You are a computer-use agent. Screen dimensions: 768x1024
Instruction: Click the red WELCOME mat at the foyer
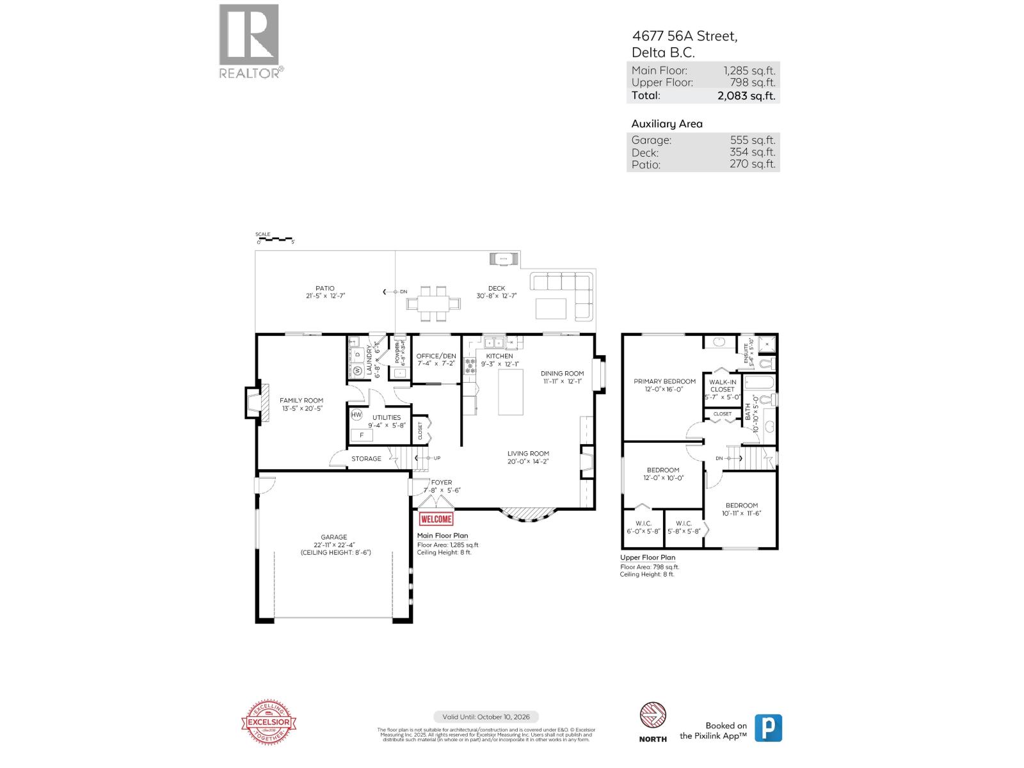(436, 519)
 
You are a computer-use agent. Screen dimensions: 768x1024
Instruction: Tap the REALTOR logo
(250, 41)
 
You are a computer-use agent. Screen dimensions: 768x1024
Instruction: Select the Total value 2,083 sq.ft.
(746, 95)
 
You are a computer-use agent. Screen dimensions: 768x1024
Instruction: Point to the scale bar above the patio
(275, 239)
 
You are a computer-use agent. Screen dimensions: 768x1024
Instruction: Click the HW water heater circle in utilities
(356, 415)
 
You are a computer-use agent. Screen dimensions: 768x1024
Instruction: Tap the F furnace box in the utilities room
(362, 435)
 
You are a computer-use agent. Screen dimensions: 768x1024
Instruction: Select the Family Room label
(301, 401)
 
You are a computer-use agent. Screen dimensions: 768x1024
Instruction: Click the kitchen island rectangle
(511, 392)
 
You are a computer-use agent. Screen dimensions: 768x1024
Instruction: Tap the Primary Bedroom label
(664, 381)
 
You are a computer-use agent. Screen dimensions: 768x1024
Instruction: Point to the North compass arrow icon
(653, 716)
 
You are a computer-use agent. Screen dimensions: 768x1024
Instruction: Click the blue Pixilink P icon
(768, 728)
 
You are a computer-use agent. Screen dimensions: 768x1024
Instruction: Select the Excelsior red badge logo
(269, 723)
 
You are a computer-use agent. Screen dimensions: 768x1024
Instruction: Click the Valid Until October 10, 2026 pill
(486, 717)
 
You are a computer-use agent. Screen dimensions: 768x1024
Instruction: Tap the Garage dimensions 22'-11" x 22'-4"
(334, 545)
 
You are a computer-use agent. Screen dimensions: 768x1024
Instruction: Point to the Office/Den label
(436, 356)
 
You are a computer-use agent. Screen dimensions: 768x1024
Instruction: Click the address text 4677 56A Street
(684, 36)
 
